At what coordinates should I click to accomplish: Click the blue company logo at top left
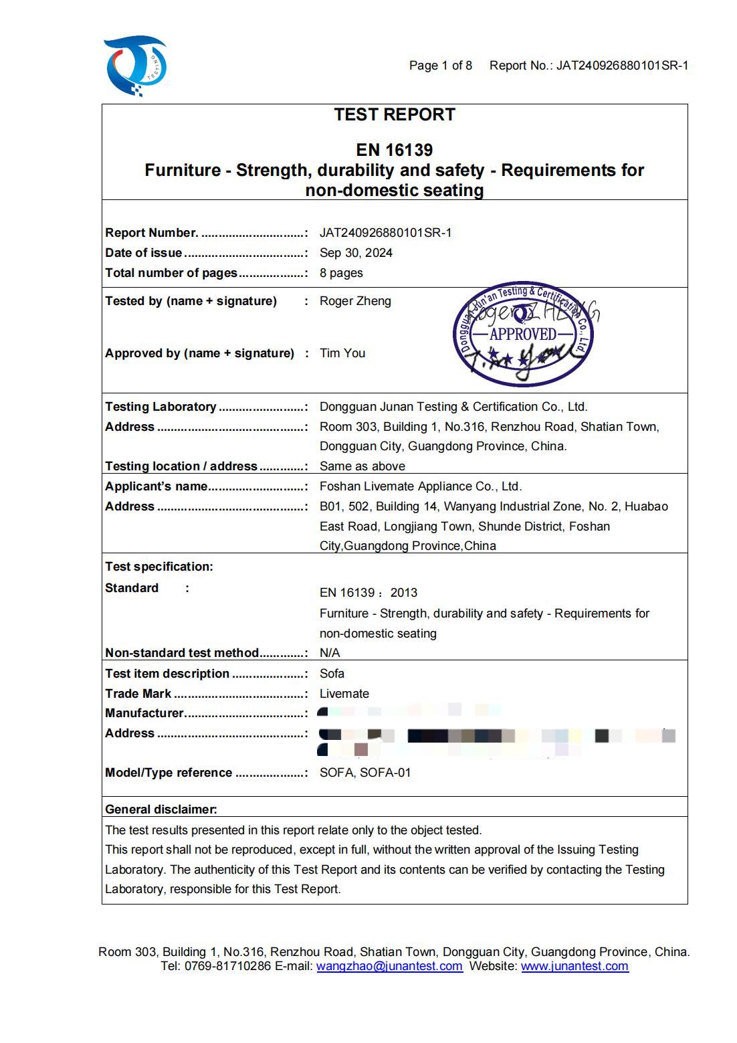135,66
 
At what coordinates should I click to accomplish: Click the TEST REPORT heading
395,115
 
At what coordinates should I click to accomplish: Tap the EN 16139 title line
395,150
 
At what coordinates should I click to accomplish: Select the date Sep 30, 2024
356,253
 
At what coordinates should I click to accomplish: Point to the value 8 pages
341,273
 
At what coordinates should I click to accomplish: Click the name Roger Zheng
355,301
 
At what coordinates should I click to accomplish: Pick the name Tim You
342,353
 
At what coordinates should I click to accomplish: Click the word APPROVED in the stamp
523,334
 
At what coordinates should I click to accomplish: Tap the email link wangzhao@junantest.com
389,966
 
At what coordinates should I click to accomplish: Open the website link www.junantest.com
574,966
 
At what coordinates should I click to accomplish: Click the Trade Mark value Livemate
344,694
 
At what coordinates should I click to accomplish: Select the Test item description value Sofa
332,674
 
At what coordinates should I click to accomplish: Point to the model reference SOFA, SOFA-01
365,773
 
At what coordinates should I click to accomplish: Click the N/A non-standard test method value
330,653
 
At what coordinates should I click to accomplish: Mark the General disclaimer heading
161,810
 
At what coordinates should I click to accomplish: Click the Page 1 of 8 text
441,66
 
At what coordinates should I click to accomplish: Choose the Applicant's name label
156,486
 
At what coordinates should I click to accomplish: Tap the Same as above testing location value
362,466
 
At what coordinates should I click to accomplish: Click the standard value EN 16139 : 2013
368,593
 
